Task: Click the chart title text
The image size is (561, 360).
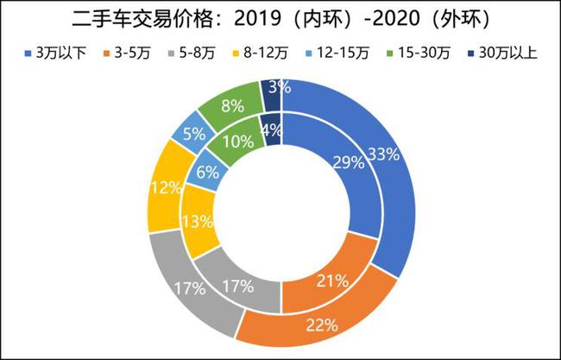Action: pyautogui.click(x=280, y=18)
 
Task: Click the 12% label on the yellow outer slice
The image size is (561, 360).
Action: pyautogui.click(x=164, y=187)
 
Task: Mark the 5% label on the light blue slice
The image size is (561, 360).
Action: pyautogui.click(x=192, y=135)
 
